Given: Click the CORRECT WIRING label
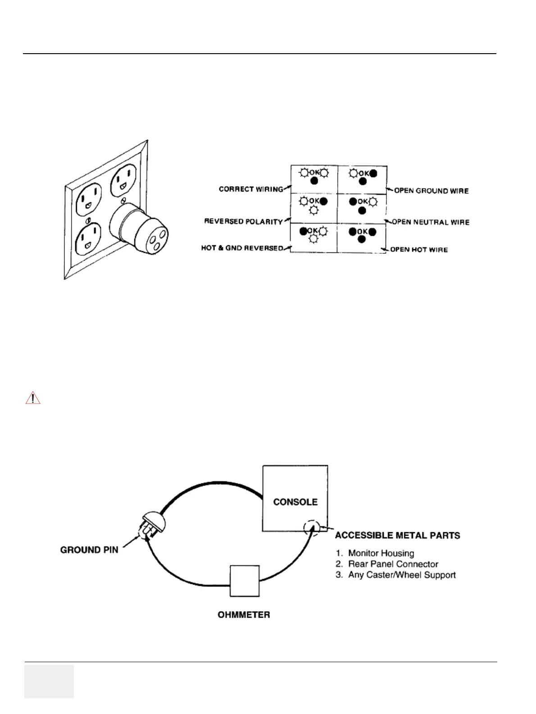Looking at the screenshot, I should pyautogui.click(x=251, y=189).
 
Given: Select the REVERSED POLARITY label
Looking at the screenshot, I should pyautogui.click(x=243, y=221).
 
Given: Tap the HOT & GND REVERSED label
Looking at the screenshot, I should pyautogui.click(x=242, y=248).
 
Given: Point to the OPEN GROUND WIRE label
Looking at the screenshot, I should pyautogui.click(x=431, y=191).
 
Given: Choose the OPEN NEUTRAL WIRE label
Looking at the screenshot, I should pyautogui.click(x=430, y=222).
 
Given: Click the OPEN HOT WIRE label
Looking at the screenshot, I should pyautogui.click(x=418, y=249).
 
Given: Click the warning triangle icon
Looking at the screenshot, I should pyautogui.click(x=33, y=398).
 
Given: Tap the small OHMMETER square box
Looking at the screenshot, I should pyautogui.click(x=245, y=581).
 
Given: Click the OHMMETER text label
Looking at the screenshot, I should pyautogui.click(x=244, y=615).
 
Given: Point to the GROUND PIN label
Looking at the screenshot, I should pyautogui.click(x=89, y=550).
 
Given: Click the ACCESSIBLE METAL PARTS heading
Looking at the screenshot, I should pyautogui.click(x=397, y=535).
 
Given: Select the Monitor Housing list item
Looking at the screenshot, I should pyautogui.click(x=381, y=553).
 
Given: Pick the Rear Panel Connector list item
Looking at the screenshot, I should pyautogui.click(x=393, y=564).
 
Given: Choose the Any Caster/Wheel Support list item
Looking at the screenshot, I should pyautogui.click(x=402, y=575).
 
